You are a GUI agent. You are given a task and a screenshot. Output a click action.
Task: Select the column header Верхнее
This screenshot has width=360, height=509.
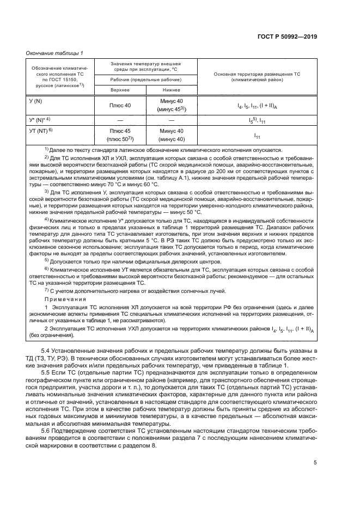point(120,90)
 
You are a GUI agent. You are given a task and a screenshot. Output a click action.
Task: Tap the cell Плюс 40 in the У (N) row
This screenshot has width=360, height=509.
point(120,105)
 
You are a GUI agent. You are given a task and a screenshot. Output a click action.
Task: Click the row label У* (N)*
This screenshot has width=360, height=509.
point(39,119)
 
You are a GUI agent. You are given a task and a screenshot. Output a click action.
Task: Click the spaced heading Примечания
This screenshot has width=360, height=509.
point(62,299)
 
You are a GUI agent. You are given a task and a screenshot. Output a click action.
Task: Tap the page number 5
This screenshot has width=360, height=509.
point(315,463)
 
